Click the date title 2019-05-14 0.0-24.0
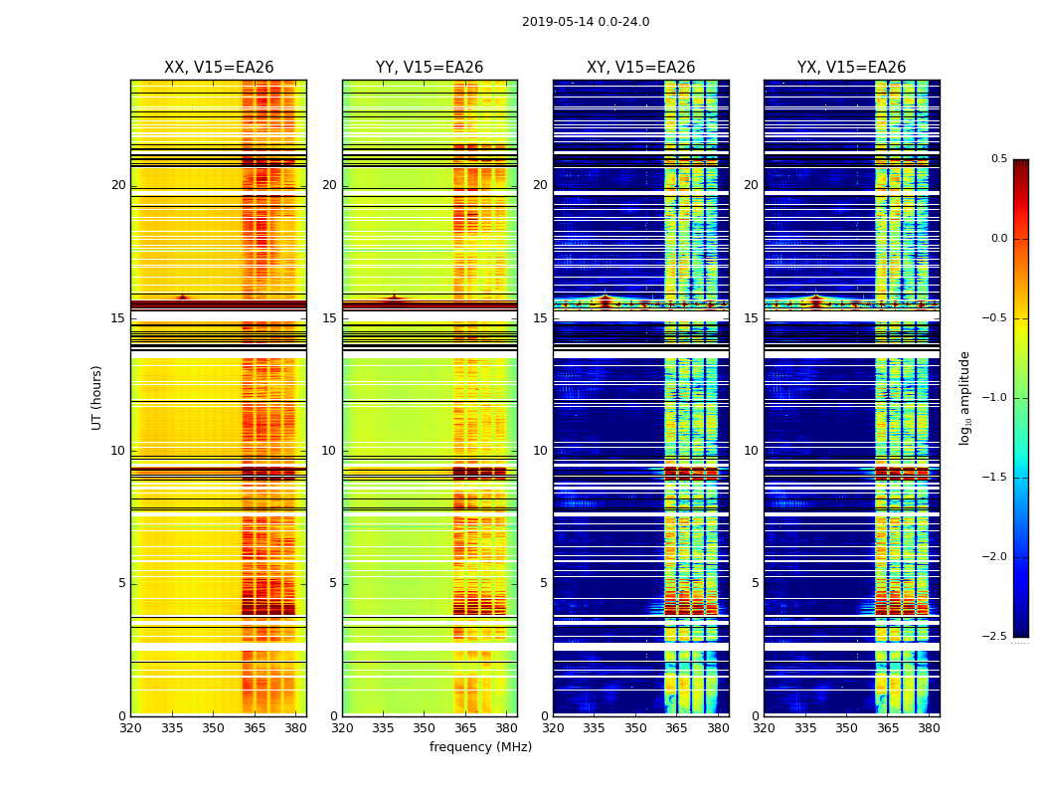click(x=586, y=22)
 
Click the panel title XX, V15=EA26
click(x=219, y=68)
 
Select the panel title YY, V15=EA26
click(x=430, y=68)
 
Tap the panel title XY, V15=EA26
click(x=641, y=68)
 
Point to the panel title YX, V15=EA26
click(x=852, y=68)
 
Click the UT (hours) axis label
click(x=97, y=397)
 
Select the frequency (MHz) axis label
click(x=480, y=747)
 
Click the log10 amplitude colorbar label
click(x=965, y=397)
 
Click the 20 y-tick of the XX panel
click(x=118, y=185)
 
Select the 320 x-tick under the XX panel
click(x=130, y=728)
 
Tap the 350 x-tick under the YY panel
click(x=425, y=728)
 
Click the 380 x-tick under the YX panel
click(x=929, y=728)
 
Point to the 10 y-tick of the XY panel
click(x=540, y=451)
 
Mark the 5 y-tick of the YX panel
click(x=755, y=583)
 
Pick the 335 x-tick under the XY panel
click(x=595, y=728)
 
